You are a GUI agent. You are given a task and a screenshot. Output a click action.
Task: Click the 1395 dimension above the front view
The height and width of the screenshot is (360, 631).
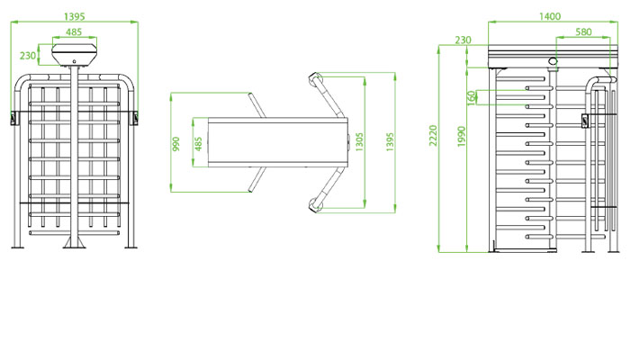(x=75, y=16)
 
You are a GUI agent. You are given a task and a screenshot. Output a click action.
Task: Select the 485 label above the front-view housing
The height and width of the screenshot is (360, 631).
(x=74, y=32)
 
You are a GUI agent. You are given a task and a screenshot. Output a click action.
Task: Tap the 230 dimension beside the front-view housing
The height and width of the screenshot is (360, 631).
(x=28, y=56)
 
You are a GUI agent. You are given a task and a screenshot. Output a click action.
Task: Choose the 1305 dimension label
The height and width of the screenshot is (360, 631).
(x=359, y=143)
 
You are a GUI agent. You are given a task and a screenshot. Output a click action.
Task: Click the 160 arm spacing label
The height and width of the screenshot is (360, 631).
(x=472, y=96)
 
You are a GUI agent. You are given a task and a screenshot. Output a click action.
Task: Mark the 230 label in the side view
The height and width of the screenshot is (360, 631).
(x=464, y=40)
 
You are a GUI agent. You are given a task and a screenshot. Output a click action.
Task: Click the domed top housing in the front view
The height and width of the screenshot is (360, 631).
(x=74, y=55)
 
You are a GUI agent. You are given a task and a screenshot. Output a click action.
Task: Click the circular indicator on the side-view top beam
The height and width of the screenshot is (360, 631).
(x=553, y=61)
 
